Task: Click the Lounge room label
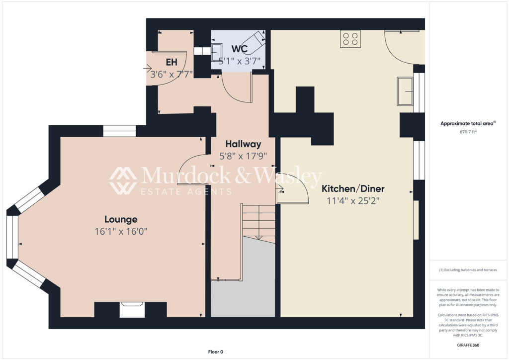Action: (x=121, y=219)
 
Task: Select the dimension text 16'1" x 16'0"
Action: (x=121, y=231)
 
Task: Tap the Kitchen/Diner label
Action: (x=353, y=189)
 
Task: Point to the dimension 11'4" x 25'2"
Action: (x=353, y=201)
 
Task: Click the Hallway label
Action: (x=243, y=144)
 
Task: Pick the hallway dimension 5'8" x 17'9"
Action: (x=243, y=156)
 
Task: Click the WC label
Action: (x=239, y=50)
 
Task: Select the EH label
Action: (x=171, y=62)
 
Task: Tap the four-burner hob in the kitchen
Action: (x=350, y=39)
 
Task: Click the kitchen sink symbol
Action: (x=405, y=91)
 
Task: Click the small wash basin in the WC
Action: (x=217, y=51)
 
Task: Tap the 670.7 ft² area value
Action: (x=469, y=132)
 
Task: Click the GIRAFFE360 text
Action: (x=469, y=345)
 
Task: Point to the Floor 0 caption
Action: (x=215, y=352)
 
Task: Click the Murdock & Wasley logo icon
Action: (x=123, y=180)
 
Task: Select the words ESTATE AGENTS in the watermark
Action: (x=186, y=191)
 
